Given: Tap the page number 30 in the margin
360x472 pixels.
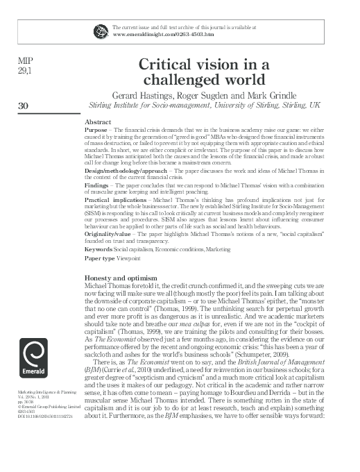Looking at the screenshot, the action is (24, 106).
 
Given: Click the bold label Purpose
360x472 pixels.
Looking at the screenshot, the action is (96, 130).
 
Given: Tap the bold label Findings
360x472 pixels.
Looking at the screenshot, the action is (97, 186).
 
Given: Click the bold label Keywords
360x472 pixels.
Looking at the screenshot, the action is (98, 248).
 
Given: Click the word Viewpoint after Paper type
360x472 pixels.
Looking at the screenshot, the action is (132, 258).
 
